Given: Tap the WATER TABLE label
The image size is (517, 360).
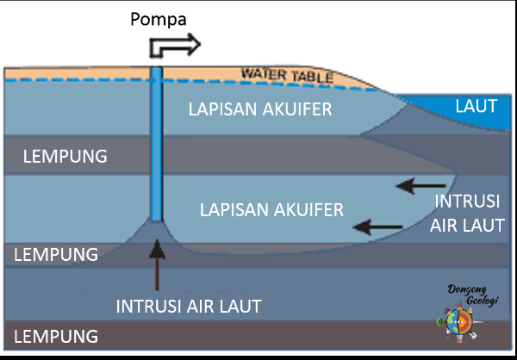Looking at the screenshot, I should [x=287, y=76].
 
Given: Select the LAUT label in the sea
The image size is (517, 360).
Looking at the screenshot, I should [x=477, y=107].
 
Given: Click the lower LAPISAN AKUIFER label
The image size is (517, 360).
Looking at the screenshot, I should [x=271, y=209].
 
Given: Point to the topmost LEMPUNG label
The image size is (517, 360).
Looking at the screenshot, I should [x=65, y=157].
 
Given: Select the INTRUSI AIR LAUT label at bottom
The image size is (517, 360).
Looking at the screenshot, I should [x=188, y=305].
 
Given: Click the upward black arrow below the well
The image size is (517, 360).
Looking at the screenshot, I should [x=157, y=263].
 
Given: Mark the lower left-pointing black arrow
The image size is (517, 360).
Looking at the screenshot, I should [x=378, y=227].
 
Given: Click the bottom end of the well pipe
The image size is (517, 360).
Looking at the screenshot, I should [x=156, y=219].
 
